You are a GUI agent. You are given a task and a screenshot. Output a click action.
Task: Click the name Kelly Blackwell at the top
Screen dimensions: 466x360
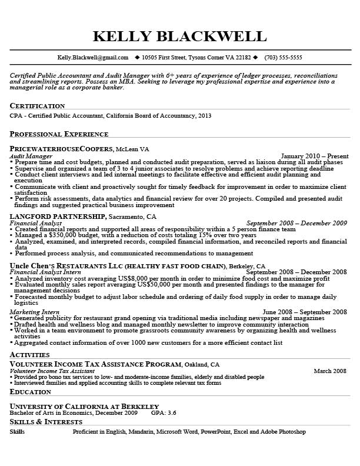179,36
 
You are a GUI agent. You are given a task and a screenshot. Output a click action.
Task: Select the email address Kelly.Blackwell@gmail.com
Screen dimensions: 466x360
92,58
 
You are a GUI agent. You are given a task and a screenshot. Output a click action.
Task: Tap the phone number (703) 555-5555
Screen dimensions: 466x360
284,58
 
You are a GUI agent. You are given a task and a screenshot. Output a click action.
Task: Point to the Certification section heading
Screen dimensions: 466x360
37,106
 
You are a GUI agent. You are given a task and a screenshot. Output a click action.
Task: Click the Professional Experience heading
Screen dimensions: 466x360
59,134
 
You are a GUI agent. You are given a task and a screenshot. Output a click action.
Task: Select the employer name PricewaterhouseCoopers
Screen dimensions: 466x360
61,149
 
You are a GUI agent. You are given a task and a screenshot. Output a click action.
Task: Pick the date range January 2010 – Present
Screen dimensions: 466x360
315,157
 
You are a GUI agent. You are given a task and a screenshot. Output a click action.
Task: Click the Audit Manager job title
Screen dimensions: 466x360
31,157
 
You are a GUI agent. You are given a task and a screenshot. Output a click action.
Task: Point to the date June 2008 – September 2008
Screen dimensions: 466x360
305,312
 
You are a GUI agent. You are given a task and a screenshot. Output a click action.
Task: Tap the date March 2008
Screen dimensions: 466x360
330,371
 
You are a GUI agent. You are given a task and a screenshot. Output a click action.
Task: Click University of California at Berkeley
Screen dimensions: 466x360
84,406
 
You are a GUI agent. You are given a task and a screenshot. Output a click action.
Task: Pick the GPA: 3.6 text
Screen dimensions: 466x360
164,413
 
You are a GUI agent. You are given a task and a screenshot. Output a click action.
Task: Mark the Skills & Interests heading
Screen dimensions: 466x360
46,422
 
